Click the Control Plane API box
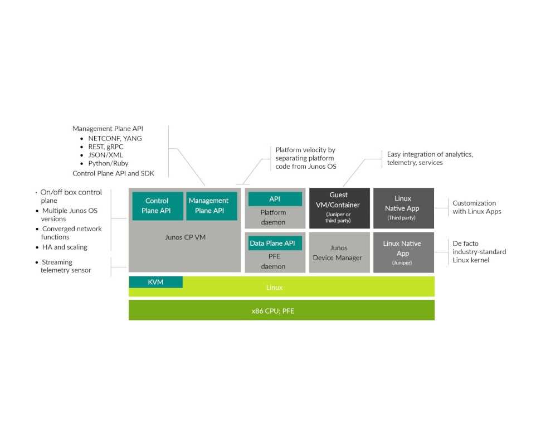pos(157,206)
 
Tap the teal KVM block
pos(155,282)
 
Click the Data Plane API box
pos(272,243)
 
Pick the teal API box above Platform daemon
pos(275,199)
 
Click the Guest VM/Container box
pos(339,208)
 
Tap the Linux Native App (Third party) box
pos(403,208)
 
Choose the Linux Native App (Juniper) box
pos(403,252)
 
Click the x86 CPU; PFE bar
pos(281,310)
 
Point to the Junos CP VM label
pos(186,237)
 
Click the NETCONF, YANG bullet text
pos(115,138)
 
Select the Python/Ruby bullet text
pos(108,163)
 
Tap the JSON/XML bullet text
pos(106,155)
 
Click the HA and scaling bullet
pos(65,247)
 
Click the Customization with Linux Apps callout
pos(476,207)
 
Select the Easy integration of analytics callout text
pos(430,158)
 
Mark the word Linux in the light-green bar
pos(274,288)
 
